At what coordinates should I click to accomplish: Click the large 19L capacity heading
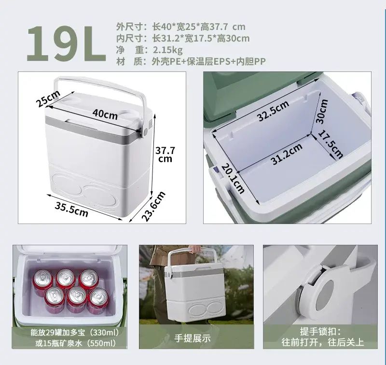click(66, 43)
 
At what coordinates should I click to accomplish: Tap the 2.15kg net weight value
click(168, 50)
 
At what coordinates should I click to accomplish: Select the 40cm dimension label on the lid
click(105, 114)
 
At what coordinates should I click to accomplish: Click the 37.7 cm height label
click(165, 154)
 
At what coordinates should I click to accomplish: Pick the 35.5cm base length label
click(71, 210)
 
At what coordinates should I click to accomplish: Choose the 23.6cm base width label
click(153, 206)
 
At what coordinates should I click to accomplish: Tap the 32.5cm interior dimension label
click(273, 111)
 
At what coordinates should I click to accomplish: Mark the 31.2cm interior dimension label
click(287, 154)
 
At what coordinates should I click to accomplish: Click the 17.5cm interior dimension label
click(331, 144)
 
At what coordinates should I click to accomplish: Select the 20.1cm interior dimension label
click(233, 179)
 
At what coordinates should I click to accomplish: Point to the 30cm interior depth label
click(322, 111)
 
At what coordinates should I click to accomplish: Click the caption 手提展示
click(193, 338)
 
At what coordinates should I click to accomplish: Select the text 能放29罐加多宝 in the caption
click(57, 333)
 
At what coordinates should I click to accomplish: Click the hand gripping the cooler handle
click(195, 249)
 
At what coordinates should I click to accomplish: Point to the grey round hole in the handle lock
click(324, 295)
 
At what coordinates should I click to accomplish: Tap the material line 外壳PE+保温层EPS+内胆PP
click(208, 61)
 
